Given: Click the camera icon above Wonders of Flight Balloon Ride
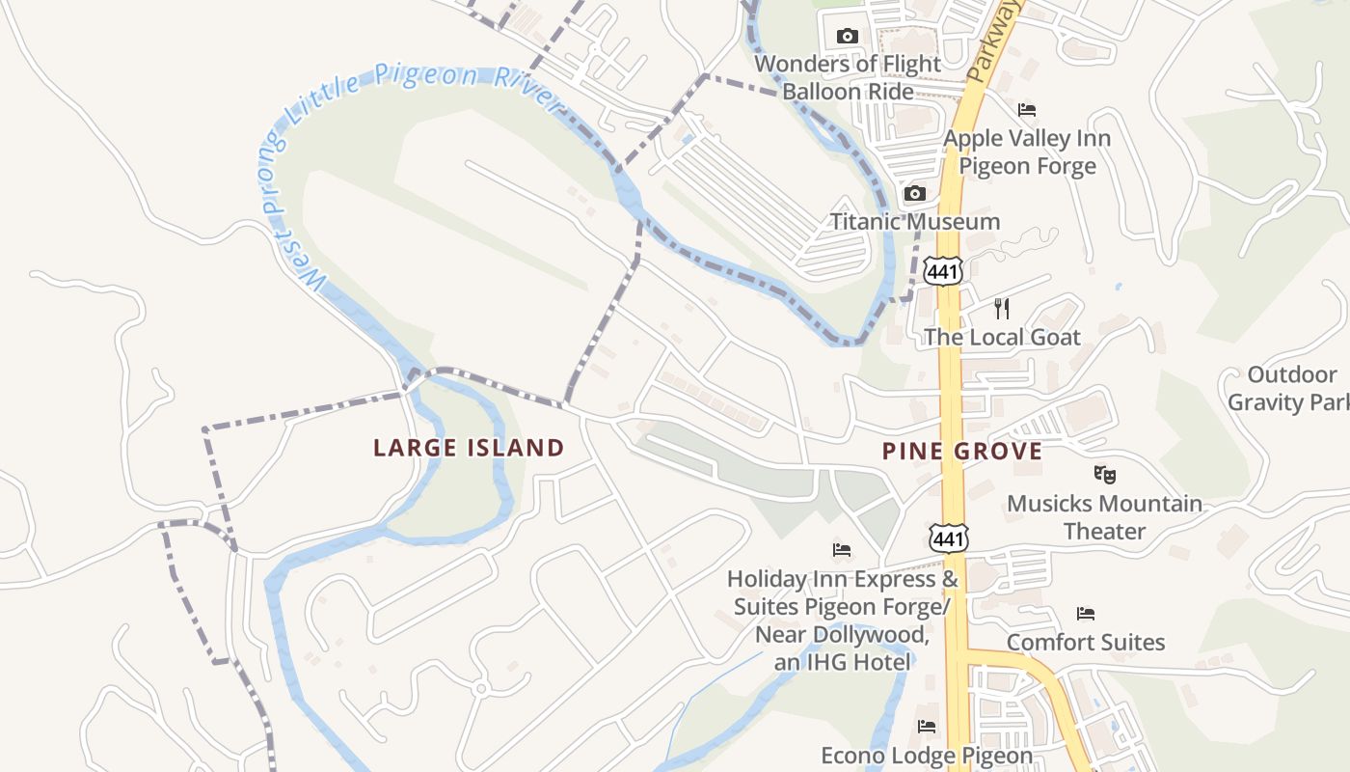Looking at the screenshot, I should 848,37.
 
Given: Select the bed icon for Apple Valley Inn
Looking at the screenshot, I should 1027,110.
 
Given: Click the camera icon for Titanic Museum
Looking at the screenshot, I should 915,194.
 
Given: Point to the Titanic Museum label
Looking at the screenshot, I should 915,222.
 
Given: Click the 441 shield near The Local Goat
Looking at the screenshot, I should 942,271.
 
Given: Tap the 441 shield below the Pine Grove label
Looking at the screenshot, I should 950,538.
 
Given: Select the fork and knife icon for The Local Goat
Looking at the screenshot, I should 1002,309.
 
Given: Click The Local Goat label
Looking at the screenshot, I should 1002,337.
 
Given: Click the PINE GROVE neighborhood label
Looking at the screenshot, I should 962,451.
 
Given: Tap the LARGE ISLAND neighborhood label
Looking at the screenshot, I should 469,448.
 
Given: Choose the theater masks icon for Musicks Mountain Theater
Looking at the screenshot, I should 1105,474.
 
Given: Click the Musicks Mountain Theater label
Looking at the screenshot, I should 1105,517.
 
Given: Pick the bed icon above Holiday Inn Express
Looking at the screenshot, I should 842,550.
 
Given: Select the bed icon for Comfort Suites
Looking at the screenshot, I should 1086,614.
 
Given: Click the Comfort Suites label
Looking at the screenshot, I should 1086,642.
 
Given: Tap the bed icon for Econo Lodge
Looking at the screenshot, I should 927,727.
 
